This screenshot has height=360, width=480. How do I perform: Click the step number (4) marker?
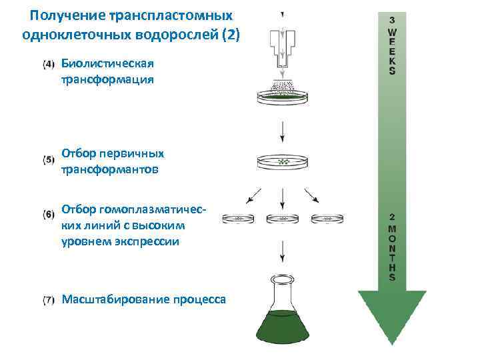pos(49,64)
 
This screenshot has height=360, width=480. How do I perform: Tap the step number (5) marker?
pos(49,160)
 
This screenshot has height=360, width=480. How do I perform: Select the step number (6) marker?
pos(49,214)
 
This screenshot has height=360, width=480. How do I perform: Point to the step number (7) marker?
pos(49,300)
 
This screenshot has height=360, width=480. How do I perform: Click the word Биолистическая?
pos(107,64)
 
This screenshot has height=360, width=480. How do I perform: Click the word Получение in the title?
pos(65,15)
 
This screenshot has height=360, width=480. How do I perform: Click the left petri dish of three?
pos(238,218)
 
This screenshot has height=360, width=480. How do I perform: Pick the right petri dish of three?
pos(326,218)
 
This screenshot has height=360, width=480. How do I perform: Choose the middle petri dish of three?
pos(283,218)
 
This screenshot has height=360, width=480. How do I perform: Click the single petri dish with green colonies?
pos(283,161)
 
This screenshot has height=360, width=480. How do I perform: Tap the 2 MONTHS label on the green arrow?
pos(393,247)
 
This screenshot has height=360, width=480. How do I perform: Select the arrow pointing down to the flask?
pos(283,251)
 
